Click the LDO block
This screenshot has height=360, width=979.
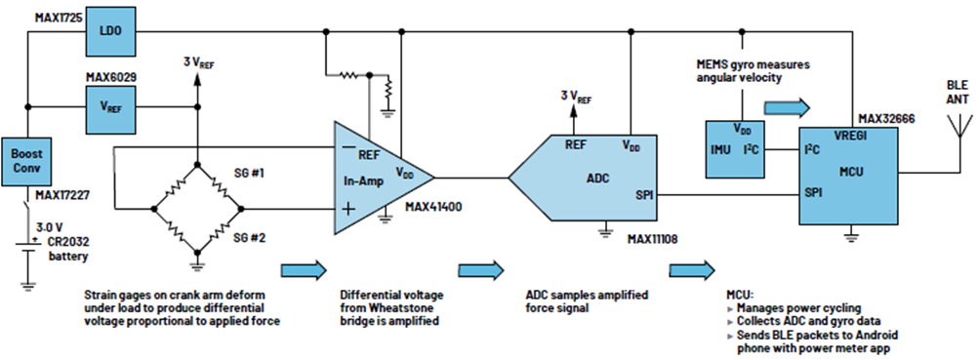112,31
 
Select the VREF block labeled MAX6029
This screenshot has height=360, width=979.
112,106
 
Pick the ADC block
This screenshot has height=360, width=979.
583,178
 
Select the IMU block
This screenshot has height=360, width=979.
734,149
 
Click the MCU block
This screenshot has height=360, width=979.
849,176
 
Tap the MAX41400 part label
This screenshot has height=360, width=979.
433,207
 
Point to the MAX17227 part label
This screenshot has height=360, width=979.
61,195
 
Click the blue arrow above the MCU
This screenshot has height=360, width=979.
788,106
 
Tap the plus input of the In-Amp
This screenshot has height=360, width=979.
348,208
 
